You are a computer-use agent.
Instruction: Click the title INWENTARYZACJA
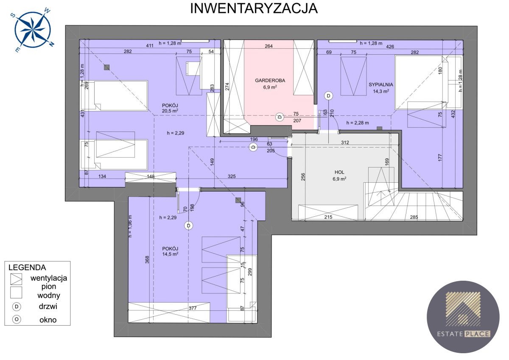pyautogui.click(x=254, y=8)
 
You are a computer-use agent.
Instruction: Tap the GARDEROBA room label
pyautogui.click(x=270, y=80)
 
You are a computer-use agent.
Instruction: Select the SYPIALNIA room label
pyautogui.click(x=380, y=84)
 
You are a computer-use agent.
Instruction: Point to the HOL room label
pyautogui.click(x=339, y=172)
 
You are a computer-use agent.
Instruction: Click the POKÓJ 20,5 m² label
pyautogui.click(x=170, y=108)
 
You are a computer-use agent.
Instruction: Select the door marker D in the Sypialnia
pyautogui.click(x=328, y=95)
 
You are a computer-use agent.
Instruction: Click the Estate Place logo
pyautogui.click(x=463, y=316)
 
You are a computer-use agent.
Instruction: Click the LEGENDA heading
pyautogui.click(x=27, y=268)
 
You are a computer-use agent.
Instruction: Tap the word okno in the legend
pyautogui.click(x=47, y=320)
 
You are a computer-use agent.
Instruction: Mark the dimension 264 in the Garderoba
pyautogui.click(x=268, y=47)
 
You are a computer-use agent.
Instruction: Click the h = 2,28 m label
pyautogui.click(x=357, y=123)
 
